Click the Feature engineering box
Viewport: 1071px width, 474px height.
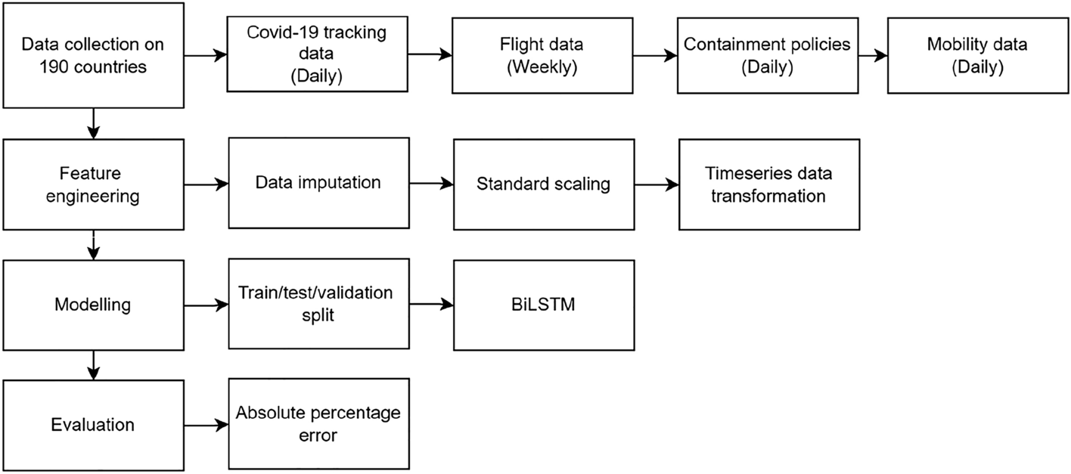click(x=92, y=184)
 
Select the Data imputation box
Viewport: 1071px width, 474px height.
click(x=318, y=184)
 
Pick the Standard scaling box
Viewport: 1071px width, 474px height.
click(x=542, y=184)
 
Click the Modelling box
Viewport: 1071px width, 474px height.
click(x=92, y=305)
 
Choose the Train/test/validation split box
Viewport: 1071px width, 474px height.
click(x=318, y=305)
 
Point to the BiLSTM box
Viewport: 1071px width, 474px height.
click(x=542, y=305)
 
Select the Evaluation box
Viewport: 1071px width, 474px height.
click(x=92, y=425)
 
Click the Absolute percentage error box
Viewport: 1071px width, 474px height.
click(x=318, y=425)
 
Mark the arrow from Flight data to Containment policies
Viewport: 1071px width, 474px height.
click(x=655, y=54)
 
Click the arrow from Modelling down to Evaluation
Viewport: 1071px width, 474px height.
click(x=92, y=365)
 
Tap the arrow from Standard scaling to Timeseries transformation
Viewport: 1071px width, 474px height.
click(x=655, y=184)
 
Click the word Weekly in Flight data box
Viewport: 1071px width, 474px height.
click(x=542, y=67)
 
